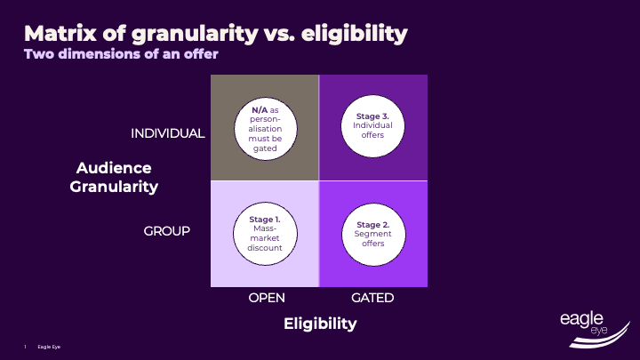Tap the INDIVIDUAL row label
point(168,133)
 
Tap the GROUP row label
point(167,231)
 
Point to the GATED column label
point(372,299)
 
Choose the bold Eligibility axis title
point(320,324)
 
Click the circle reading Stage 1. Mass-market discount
point(265,234)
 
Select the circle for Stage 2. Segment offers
point(373,234)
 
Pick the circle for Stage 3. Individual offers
point(373,127)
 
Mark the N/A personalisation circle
point(265,127)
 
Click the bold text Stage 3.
point(373,116)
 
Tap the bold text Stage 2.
point(373,224)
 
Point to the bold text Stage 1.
point(266,219)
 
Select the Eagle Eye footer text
point(49,346)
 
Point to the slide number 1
point(26,346)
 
